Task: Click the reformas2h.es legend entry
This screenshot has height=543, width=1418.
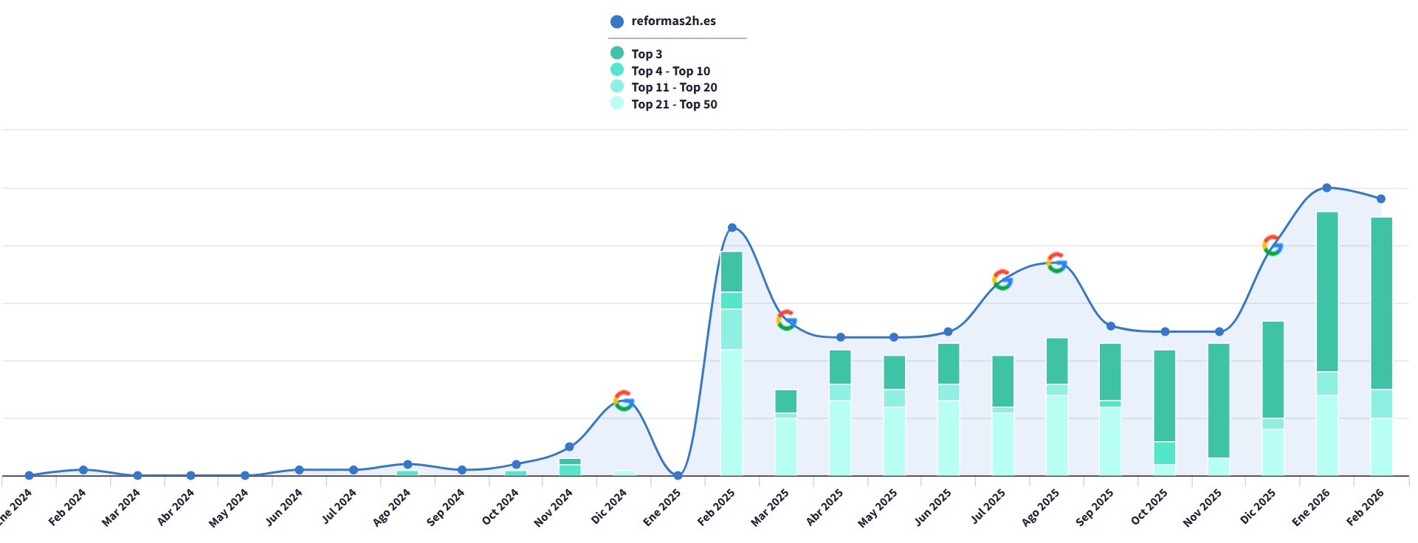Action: click(663, 21)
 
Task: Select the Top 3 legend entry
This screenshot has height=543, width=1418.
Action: click(636, 54)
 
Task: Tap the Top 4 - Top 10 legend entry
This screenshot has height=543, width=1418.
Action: click(660, 71)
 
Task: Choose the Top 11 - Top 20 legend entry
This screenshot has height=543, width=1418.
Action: click(664, 87)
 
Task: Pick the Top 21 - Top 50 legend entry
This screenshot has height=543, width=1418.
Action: click(664, 104)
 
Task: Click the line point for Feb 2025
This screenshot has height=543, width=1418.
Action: click(732, 227)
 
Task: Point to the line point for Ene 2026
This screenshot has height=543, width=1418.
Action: click(1326, 188)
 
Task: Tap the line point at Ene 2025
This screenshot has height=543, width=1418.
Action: click(678, 476)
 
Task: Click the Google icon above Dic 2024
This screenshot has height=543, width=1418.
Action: click(624, 401)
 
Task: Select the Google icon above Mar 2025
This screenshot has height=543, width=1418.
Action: click(786, 320)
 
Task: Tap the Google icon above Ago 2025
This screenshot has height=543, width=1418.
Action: click(1056, 263)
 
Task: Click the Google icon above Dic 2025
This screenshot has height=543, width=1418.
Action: click(1273, 245)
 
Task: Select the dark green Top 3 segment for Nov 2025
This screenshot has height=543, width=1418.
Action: click(1219, 401)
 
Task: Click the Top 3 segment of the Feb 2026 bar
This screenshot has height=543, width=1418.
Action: click(1381, 303)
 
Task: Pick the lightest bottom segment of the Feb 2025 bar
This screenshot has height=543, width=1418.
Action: click(732, 412)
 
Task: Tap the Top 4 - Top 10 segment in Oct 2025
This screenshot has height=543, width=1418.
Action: click(1165, 453)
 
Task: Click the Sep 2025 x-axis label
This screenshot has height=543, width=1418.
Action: click(1095, 507)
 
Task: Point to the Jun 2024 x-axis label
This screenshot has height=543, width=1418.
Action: click(284, 507)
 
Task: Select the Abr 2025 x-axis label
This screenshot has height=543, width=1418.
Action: click(825, 507)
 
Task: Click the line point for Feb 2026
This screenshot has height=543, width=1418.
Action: click(1381, 198)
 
